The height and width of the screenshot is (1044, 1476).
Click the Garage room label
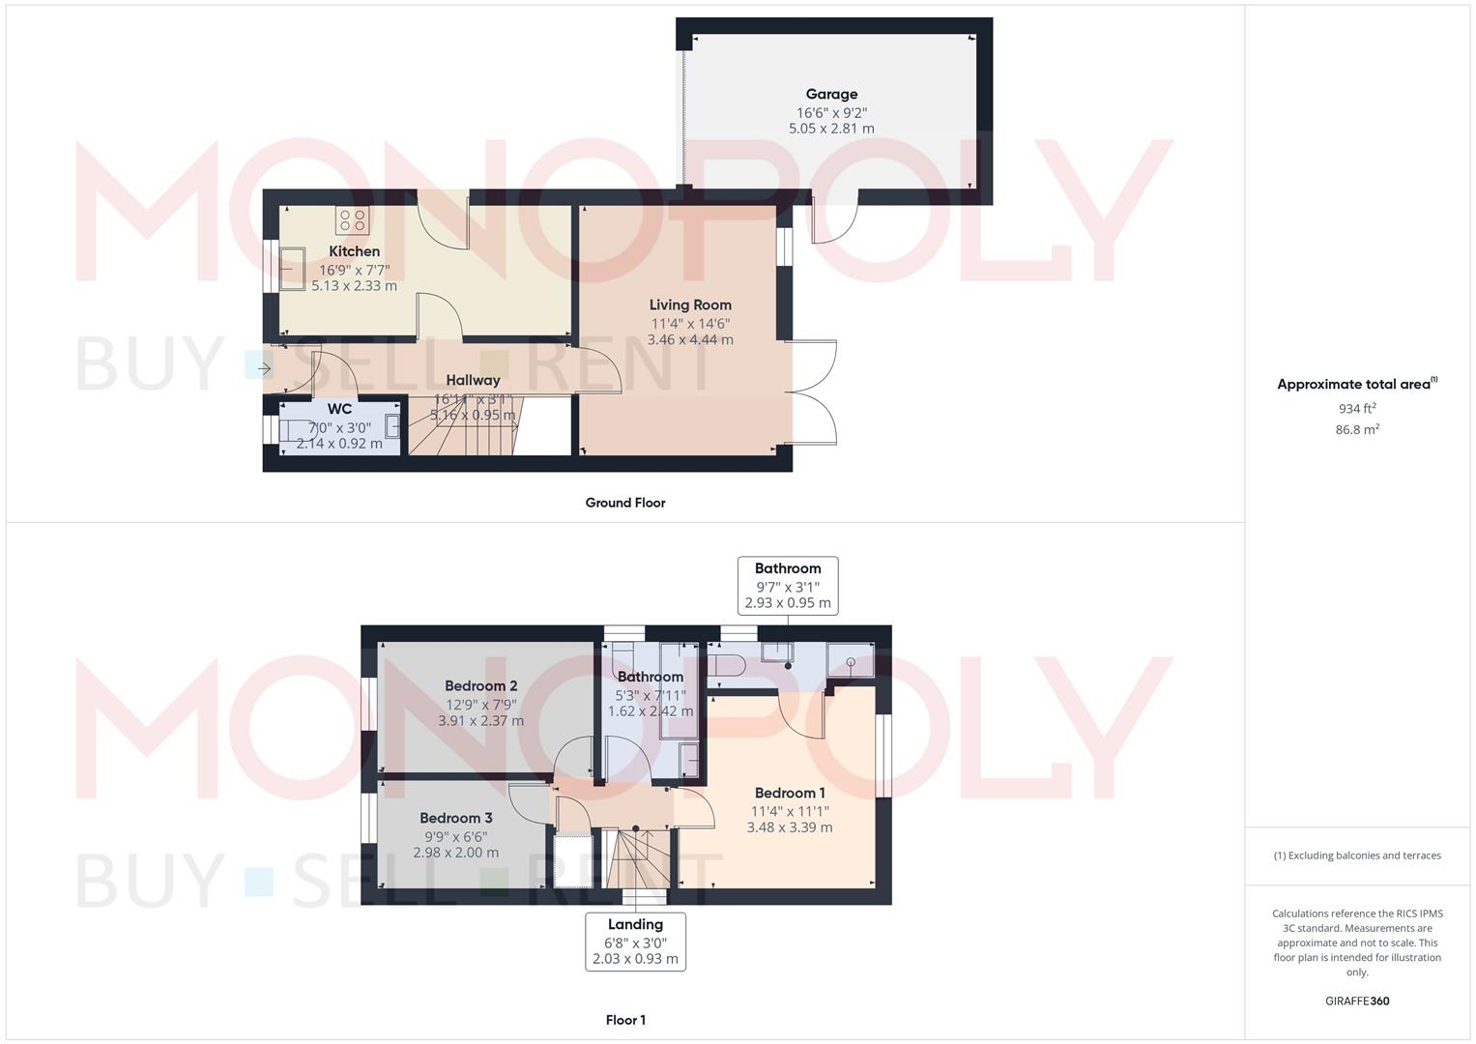831,95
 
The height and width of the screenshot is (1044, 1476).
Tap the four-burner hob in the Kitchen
353,220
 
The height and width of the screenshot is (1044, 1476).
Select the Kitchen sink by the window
292,269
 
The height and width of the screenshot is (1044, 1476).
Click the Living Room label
690,304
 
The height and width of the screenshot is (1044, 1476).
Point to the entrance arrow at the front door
264,368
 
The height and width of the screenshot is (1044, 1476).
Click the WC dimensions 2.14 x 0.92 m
339,444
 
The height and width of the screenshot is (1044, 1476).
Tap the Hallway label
473,380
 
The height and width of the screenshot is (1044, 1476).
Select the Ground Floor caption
625,503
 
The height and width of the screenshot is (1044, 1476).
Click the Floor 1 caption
625,1020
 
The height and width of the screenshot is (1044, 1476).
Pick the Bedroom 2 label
481,686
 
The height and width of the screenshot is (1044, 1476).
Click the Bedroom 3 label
456,818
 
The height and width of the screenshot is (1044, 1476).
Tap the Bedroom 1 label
790,793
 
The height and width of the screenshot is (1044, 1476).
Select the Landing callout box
635,942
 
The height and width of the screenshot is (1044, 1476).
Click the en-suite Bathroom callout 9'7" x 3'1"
788,586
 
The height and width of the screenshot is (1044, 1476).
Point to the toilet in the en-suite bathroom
726,664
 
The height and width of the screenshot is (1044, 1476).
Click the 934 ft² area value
1357,409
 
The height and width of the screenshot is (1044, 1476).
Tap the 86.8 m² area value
1357,430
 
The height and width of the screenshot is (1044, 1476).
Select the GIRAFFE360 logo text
1357,1001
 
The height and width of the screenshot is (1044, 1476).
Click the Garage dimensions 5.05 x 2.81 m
831,129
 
